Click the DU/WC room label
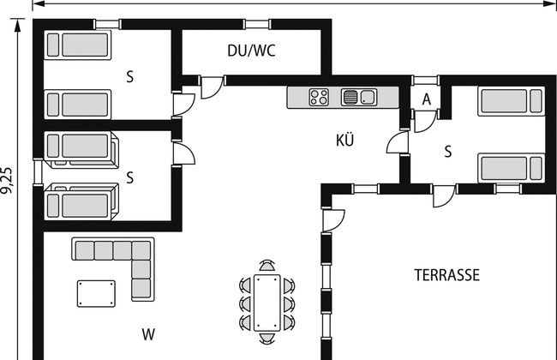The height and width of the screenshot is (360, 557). (x=251, y=51)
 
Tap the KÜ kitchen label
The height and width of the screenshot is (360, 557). (x=346, y=141)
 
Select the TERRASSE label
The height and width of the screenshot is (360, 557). (x=447, y=276)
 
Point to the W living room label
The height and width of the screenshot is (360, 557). (x=147, y=332)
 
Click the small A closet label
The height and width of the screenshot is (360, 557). (x=426, y=99)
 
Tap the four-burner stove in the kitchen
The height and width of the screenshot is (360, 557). (x=320, y=97)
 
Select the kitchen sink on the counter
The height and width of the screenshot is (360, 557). (x=359, y=97)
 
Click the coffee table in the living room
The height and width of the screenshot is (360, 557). (x=97, y=293)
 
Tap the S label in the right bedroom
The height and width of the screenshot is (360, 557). (x=447, y=152)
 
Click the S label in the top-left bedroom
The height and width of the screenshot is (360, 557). (x=130, y=77)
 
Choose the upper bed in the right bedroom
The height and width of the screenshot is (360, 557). (x=512, y=102)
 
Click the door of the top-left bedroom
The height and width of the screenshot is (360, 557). (x=182, y=103)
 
